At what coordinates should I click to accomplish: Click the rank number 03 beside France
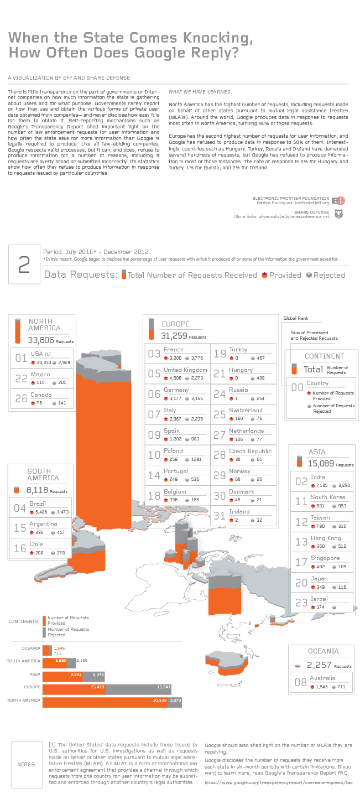tap(154, 354)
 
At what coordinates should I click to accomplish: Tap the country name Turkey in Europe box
tap(238, 350)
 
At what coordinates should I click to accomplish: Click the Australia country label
tap(322, 678)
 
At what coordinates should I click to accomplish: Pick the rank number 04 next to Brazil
tap(20, 508)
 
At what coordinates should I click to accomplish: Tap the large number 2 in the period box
tap(24, 266)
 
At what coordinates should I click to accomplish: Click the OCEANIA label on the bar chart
tap(30, 648)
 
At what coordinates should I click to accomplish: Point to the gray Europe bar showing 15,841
tap(138, 689)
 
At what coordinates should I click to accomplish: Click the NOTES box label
tap(26, 764)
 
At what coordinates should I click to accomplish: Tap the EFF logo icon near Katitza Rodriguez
tap(341, 201)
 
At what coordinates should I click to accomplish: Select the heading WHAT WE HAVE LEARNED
tap(200, 92)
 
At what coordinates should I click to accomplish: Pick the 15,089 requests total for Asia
tap(320, 464)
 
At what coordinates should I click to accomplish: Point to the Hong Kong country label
tap(326, 538)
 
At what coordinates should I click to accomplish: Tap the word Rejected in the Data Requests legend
tap(329, 275)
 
